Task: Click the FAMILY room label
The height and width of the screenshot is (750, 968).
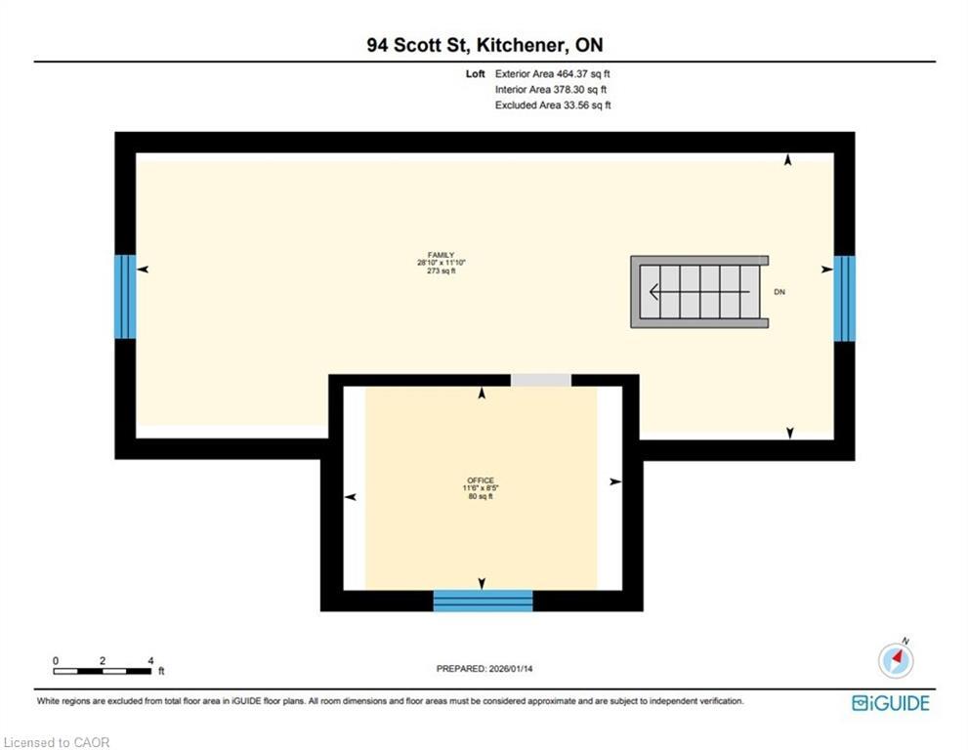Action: (x=435, y=255)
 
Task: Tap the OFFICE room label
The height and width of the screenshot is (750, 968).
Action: (x=480, y=480)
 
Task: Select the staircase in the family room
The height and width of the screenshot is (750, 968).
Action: (x=697, y=292)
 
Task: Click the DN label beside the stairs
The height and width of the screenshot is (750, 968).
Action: (x=779, y=292)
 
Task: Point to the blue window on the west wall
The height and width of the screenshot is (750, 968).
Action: (x=125, y=297)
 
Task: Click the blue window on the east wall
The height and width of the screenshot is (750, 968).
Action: (x=844, y=298)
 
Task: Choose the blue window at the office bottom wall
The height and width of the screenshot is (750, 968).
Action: (x=483, y=601)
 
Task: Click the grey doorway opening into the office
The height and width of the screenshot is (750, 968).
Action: (x=540, y=380)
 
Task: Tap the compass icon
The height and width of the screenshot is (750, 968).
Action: (x=896, y=661)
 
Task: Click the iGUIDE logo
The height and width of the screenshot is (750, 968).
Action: (x=890, y=703)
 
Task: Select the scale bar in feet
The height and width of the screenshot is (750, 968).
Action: (x=103, y=670)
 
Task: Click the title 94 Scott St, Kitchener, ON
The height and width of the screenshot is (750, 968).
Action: (x=484, y=45)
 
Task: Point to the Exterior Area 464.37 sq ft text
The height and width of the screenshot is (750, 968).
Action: (x=553, y=73)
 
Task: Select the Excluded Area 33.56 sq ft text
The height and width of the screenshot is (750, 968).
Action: (x=553, y=104)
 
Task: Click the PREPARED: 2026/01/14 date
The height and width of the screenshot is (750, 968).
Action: (x=484, y=669)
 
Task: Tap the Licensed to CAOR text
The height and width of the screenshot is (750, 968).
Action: (x=58, y=742)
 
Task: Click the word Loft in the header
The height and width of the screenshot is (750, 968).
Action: (x=477, y=73)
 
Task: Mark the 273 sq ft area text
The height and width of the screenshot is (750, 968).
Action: (x=435, y=271)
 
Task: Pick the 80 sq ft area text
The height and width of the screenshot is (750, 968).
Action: (x=480, y=496)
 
